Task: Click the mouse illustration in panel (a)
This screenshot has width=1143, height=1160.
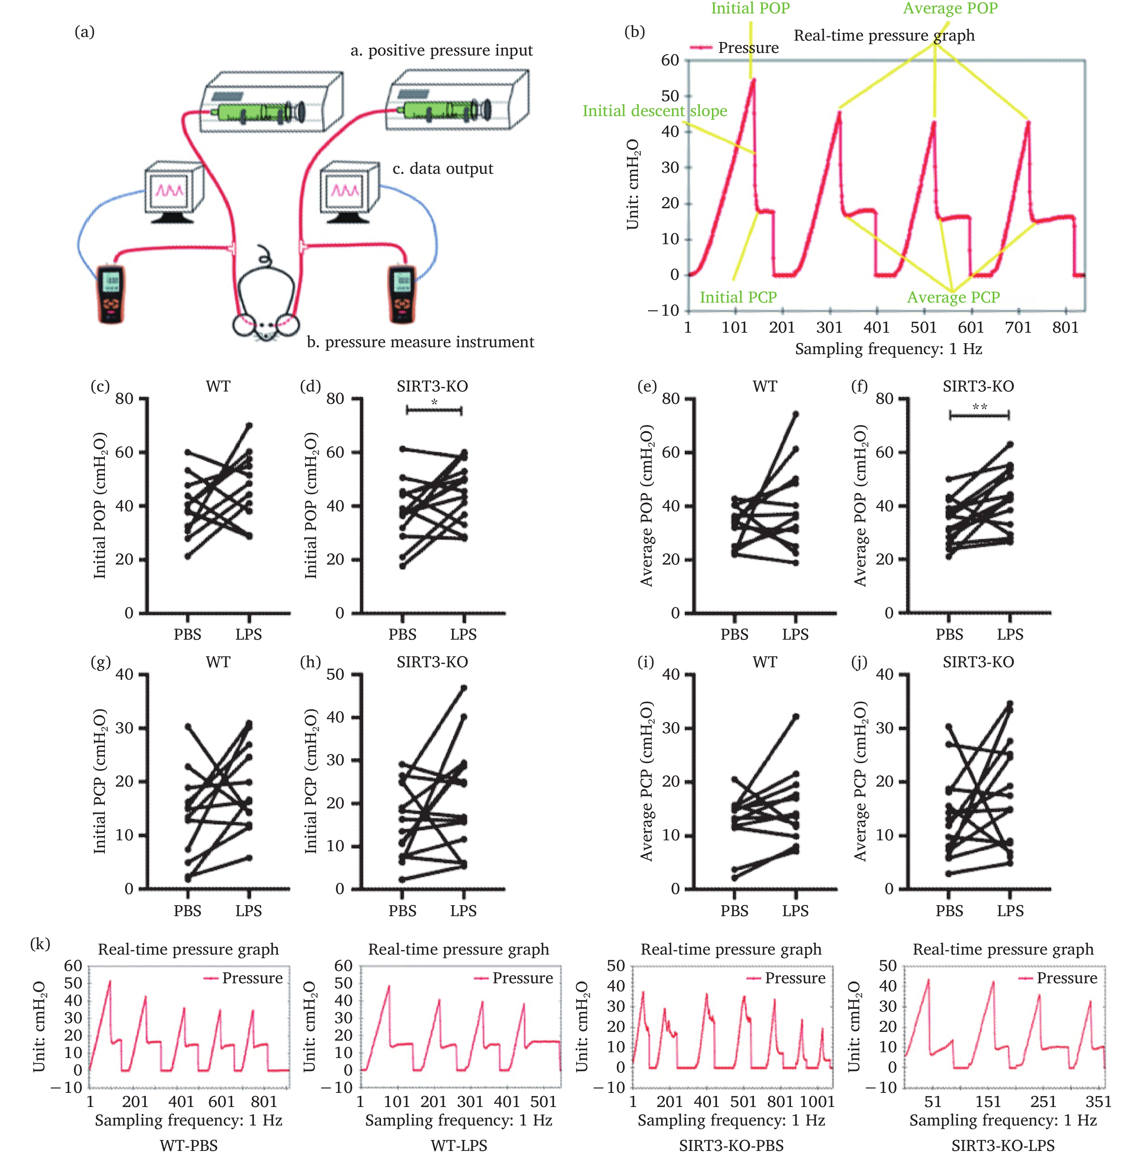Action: pos(265,300)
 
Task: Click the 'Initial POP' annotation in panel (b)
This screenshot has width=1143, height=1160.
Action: pos(750,8)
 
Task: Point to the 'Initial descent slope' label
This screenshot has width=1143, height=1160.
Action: pos(654,111)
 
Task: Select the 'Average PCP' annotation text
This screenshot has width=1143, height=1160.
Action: pos(953,297)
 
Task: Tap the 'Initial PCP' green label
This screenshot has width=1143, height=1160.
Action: pos(738,297)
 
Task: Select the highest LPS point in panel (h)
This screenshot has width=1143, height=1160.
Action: pos(463,688)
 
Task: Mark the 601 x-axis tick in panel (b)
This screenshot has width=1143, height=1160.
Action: pos(970,327)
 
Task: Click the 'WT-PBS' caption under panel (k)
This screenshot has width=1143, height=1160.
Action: pos(188,1145)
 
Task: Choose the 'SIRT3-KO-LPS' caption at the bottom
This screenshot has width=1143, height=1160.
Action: pos(1003,1145)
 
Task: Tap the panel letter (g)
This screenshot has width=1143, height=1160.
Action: pos(100,662)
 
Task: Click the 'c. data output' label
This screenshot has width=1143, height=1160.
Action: pos(442,169)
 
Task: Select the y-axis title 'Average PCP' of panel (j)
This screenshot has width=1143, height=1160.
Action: pos(860,780)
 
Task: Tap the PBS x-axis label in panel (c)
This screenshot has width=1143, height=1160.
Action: pos(187,634)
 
